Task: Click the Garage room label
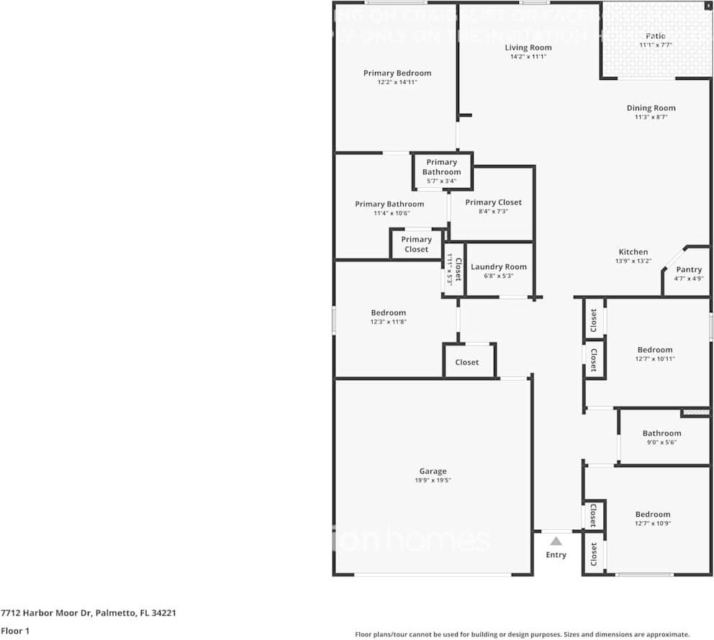[433, 471]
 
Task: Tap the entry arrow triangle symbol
[556, 541]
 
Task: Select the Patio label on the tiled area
[655, 35]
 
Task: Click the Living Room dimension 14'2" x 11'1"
[528, 56]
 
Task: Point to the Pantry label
[689, 269]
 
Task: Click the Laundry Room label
[499, 266]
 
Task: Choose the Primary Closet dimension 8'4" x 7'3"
[493, 211]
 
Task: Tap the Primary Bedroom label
[397, 73]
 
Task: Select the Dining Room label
[651, 108]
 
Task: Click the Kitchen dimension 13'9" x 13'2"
[633, 261]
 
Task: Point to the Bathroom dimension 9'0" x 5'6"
[661, 442]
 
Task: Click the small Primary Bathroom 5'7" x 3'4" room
[441, 171]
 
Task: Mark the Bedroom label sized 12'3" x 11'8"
[389, 312]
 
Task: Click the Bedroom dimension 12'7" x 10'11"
[655, 359]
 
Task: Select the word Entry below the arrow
[556, 554]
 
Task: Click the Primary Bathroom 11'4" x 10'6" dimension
[389, 212]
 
